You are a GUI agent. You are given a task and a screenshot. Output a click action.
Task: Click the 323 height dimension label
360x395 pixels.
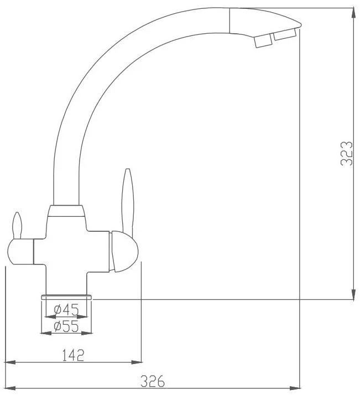(x=346, y=153)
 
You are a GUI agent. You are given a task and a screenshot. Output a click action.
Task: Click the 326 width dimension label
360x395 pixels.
(x=153, y=381)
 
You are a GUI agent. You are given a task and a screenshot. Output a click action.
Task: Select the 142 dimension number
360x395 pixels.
(x=73, y=355)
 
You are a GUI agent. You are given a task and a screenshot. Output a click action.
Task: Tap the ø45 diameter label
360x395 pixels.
(x=66, y=310)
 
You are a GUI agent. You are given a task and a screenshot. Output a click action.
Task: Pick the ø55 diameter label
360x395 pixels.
(x=66, y=326)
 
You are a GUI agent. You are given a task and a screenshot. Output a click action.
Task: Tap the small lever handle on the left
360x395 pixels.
(x=17, y=226)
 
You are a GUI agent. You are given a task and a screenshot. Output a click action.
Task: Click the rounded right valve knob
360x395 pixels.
(x=124, y=252)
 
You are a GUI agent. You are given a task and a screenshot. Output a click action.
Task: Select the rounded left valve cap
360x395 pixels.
(x=20, y=252)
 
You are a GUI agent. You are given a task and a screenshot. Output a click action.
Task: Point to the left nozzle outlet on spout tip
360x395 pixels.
(x=263, y=41)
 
